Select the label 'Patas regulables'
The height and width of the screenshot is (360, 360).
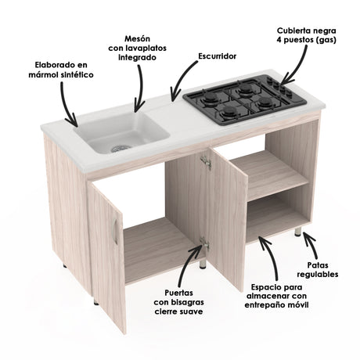(317, 271)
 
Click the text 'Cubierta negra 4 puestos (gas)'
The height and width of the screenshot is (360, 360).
(307, 34)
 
